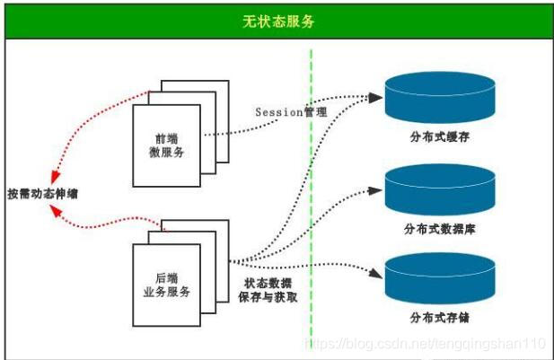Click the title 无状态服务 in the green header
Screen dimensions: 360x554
click(x=277, y=21)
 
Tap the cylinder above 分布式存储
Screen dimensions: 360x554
click(x=439, y=278)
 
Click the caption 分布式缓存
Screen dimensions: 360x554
click(x=439, y=140)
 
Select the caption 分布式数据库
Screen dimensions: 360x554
click(x=439, y=230)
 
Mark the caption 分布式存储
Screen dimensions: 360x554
click(x=439, y=317)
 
